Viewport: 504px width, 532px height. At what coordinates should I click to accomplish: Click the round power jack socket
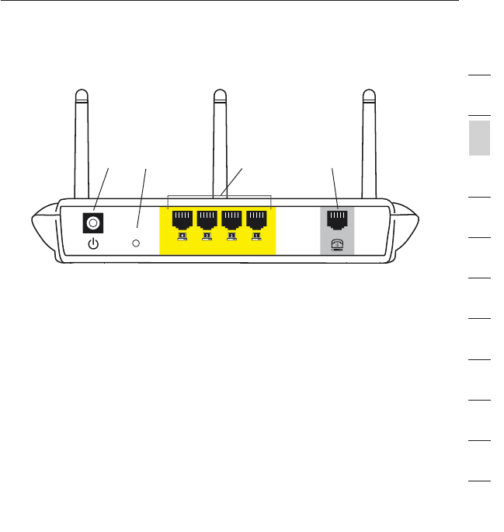pos(94,224)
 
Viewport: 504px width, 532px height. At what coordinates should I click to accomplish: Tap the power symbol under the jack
pos(94,244)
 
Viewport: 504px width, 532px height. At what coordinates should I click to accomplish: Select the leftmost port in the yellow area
pos(183,219)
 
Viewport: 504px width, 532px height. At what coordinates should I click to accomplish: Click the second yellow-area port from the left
pos(207,219)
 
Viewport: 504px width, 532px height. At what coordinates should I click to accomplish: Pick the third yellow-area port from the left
pos(232,219)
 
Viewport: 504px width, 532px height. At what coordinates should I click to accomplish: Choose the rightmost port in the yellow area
pos(256,219)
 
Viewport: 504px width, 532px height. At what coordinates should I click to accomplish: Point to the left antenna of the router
pos(82,140)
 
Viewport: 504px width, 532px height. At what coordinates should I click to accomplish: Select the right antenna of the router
pos(370,140)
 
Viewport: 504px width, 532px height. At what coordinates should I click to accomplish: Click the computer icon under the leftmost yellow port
pos(183,236)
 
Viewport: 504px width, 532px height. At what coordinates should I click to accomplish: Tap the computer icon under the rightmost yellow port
pos(256,236)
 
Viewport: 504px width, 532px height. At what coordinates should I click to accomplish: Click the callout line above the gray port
pos(334,187)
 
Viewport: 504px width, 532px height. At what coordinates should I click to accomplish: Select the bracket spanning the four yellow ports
pos(220,196)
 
